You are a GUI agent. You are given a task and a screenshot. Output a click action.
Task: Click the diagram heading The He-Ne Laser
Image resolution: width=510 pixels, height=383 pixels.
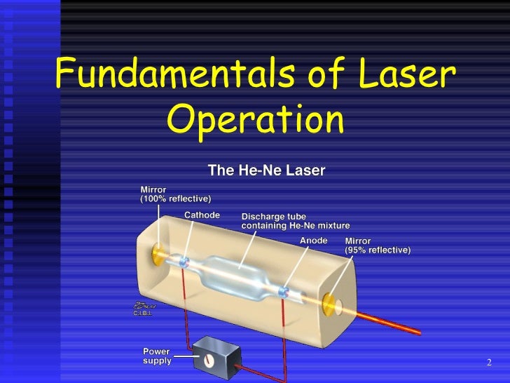coord(267,169)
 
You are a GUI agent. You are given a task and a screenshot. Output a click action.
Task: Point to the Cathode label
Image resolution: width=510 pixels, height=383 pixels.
coord(202,215)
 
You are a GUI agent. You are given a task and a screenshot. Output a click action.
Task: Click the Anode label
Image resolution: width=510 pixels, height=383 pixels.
coord(313,240)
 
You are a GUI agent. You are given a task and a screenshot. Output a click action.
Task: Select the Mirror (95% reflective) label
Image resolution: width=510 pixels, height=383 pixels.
coord(378,246)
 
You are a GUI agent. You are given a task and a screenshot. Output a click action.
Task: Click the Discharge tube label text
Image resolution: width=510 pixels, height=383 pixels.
coord(295,221)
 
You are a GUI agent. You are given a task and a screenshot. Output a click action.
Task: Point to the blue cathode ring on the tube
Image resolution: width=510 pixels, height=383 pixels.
coord(184,262)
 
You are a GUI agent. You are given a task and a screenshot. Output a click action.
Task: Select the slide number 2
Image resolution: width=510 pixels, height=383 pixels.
coord(489,363)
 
